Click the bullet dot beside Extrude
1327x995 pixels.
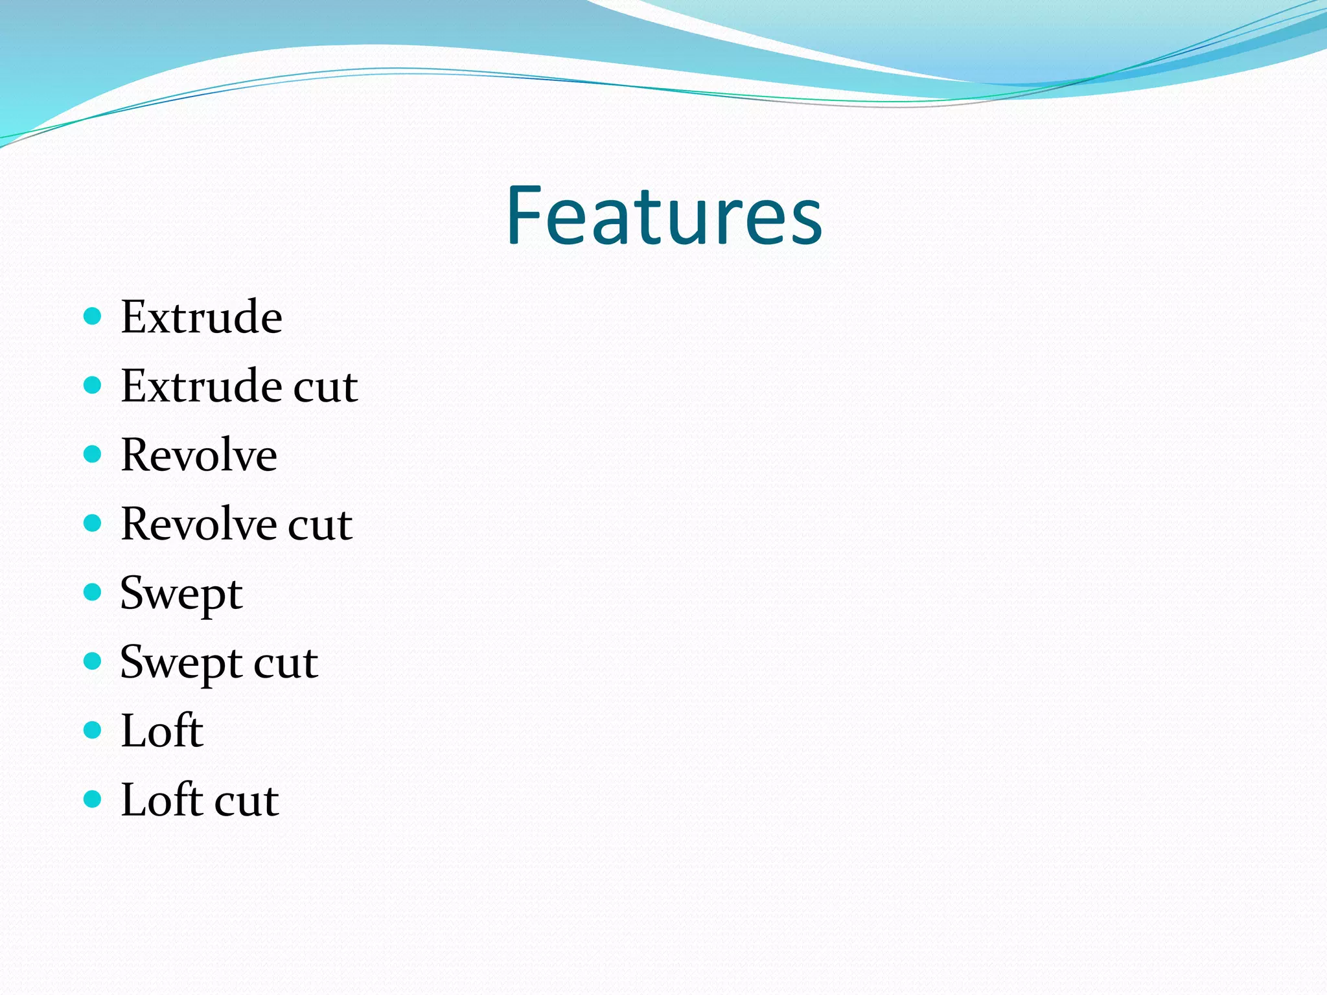(93, 316)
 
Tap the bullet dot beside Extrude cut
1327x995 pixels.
(93, 385)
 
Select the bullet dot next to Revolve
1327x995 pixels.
(93, 454)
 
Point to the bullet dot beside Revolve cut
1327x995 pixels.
(93, 523)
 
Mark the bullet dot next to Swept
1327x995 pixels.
(93, 592)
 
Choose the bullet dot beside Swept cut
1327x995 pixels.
(93, 661)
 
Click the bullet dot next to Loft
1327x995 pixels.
(93, 730)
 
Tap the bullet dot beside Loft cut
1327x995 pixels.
(93, 799)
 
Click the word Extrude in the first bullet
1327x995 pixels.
(202, 317)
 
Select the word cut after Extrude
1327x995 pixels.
(325, 387)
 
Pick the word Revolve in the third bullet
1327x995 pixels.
(199, 455)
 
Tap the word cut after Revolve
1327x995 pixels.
(320, 525)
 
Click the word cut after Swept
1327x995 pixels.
(286, 664)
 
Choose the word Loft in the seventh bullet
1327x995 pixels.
(162, 731)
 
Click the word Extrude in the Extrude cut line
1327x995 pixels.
(202, 387)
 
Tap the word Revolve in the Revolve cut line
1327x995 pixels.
(199, 525)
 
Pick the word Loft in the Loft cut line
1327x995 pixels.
(162, 801)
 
